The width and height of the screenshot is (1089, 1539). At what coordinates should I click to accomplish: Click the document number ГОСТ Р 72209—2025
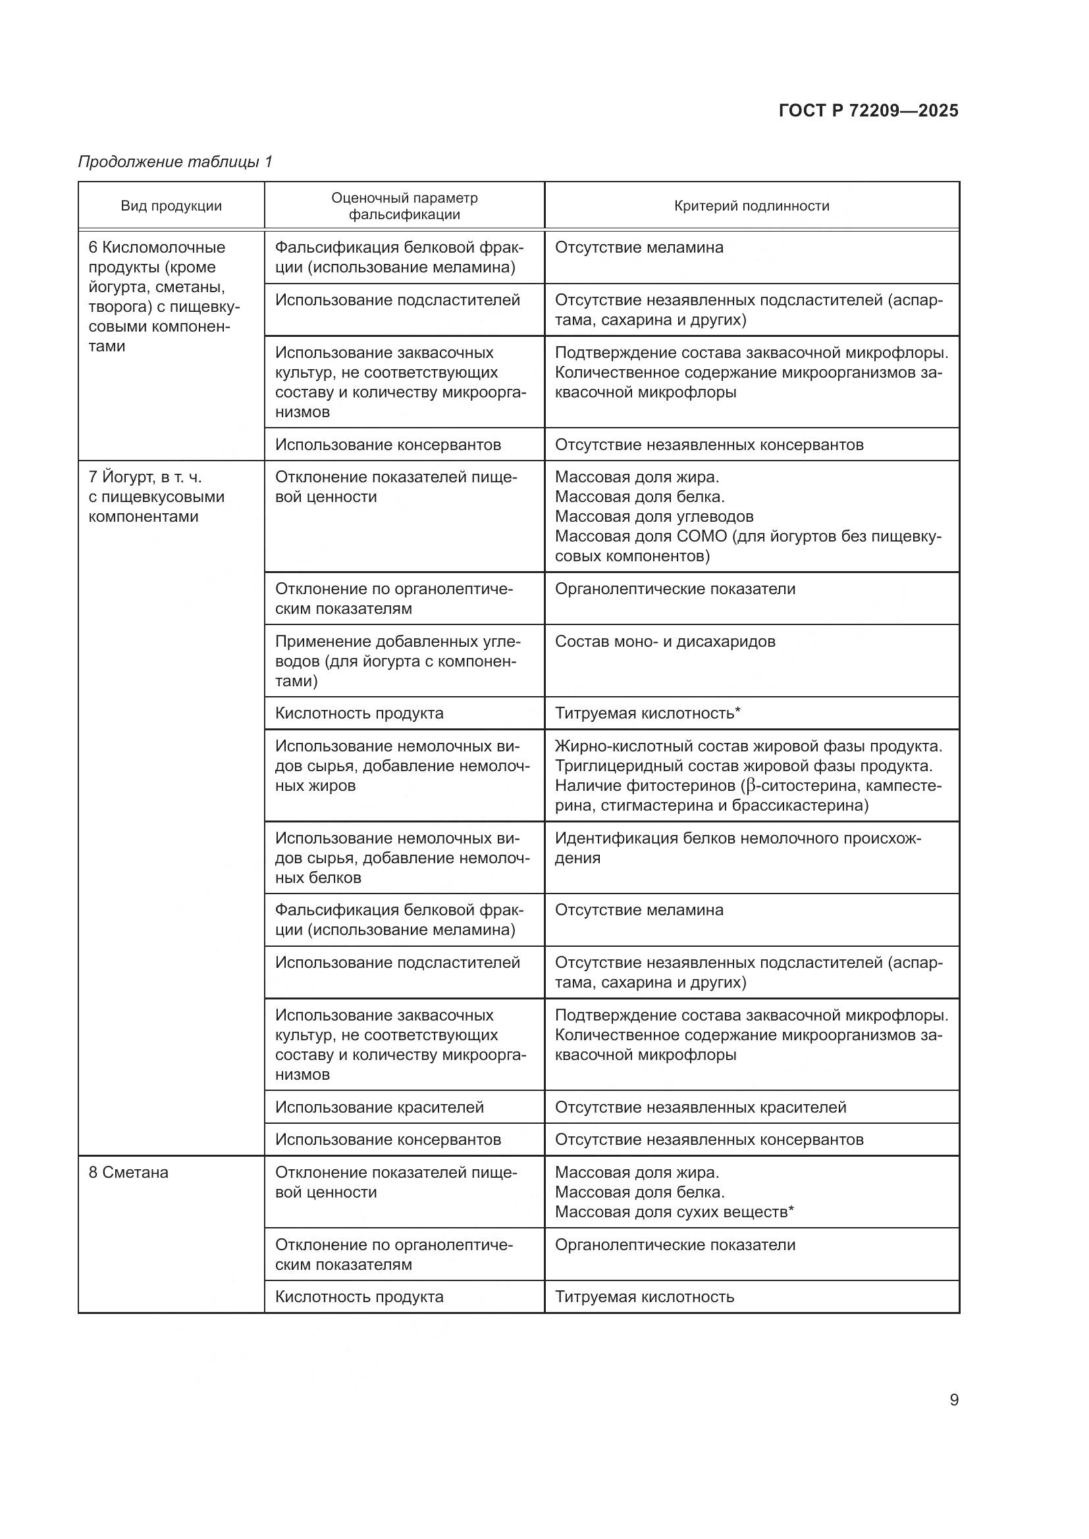click(x=868, y=111)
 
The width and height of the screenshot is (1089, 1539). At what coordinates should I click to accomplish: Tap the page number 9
click(x=953, y=1400)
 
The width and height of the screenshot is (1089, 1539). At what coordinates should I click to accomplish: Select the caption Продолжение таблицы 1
click(x=176, y=162)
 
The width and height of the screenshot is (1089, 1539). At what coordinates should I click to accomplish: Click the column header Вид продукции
click(x=171, y=206)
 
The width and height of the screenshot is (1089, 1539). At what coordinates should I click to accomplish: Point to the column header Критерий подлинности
click(x=752, y=206)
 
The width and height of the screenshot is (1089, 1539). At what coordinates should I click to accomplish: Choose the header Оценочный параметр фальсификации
click(x=404, y=206)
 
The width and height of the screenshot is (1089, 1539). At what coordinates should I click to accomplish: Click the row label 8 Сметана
click(x=129, y=1173)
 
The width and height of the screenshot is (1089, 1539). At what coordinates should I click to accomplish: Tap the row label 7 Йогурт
click(x=145, y=477)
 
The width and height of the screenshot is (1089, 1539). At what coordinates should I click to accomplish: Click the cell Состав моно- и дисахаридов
click(x=665, y=642)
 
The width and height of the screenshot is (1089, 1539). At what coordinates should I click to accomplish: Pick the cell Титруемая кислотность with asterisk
click(x=648, y=713)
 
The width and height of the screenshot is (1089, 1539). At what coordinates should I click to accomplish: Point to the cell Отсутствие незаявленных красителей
click(x=701, y=1107)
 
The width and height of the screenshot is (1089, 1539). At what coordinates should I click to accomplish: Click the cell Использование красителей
click(x=379, y=1107)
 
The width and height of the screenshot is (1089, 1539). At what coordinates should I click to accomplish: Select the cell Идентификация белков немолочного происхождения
click(x=737, y=848)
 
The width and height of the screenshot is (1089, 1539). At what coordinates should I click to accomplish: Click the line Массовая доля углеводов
click(x=654, y=517)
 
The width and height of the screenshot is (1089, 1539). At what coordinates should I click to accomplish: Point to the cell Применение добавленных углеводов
click(x=397, y=661)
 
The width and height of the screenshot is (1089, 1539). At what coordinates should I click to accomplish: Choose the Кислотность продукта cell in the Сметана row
click(x=359, y=1297)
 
